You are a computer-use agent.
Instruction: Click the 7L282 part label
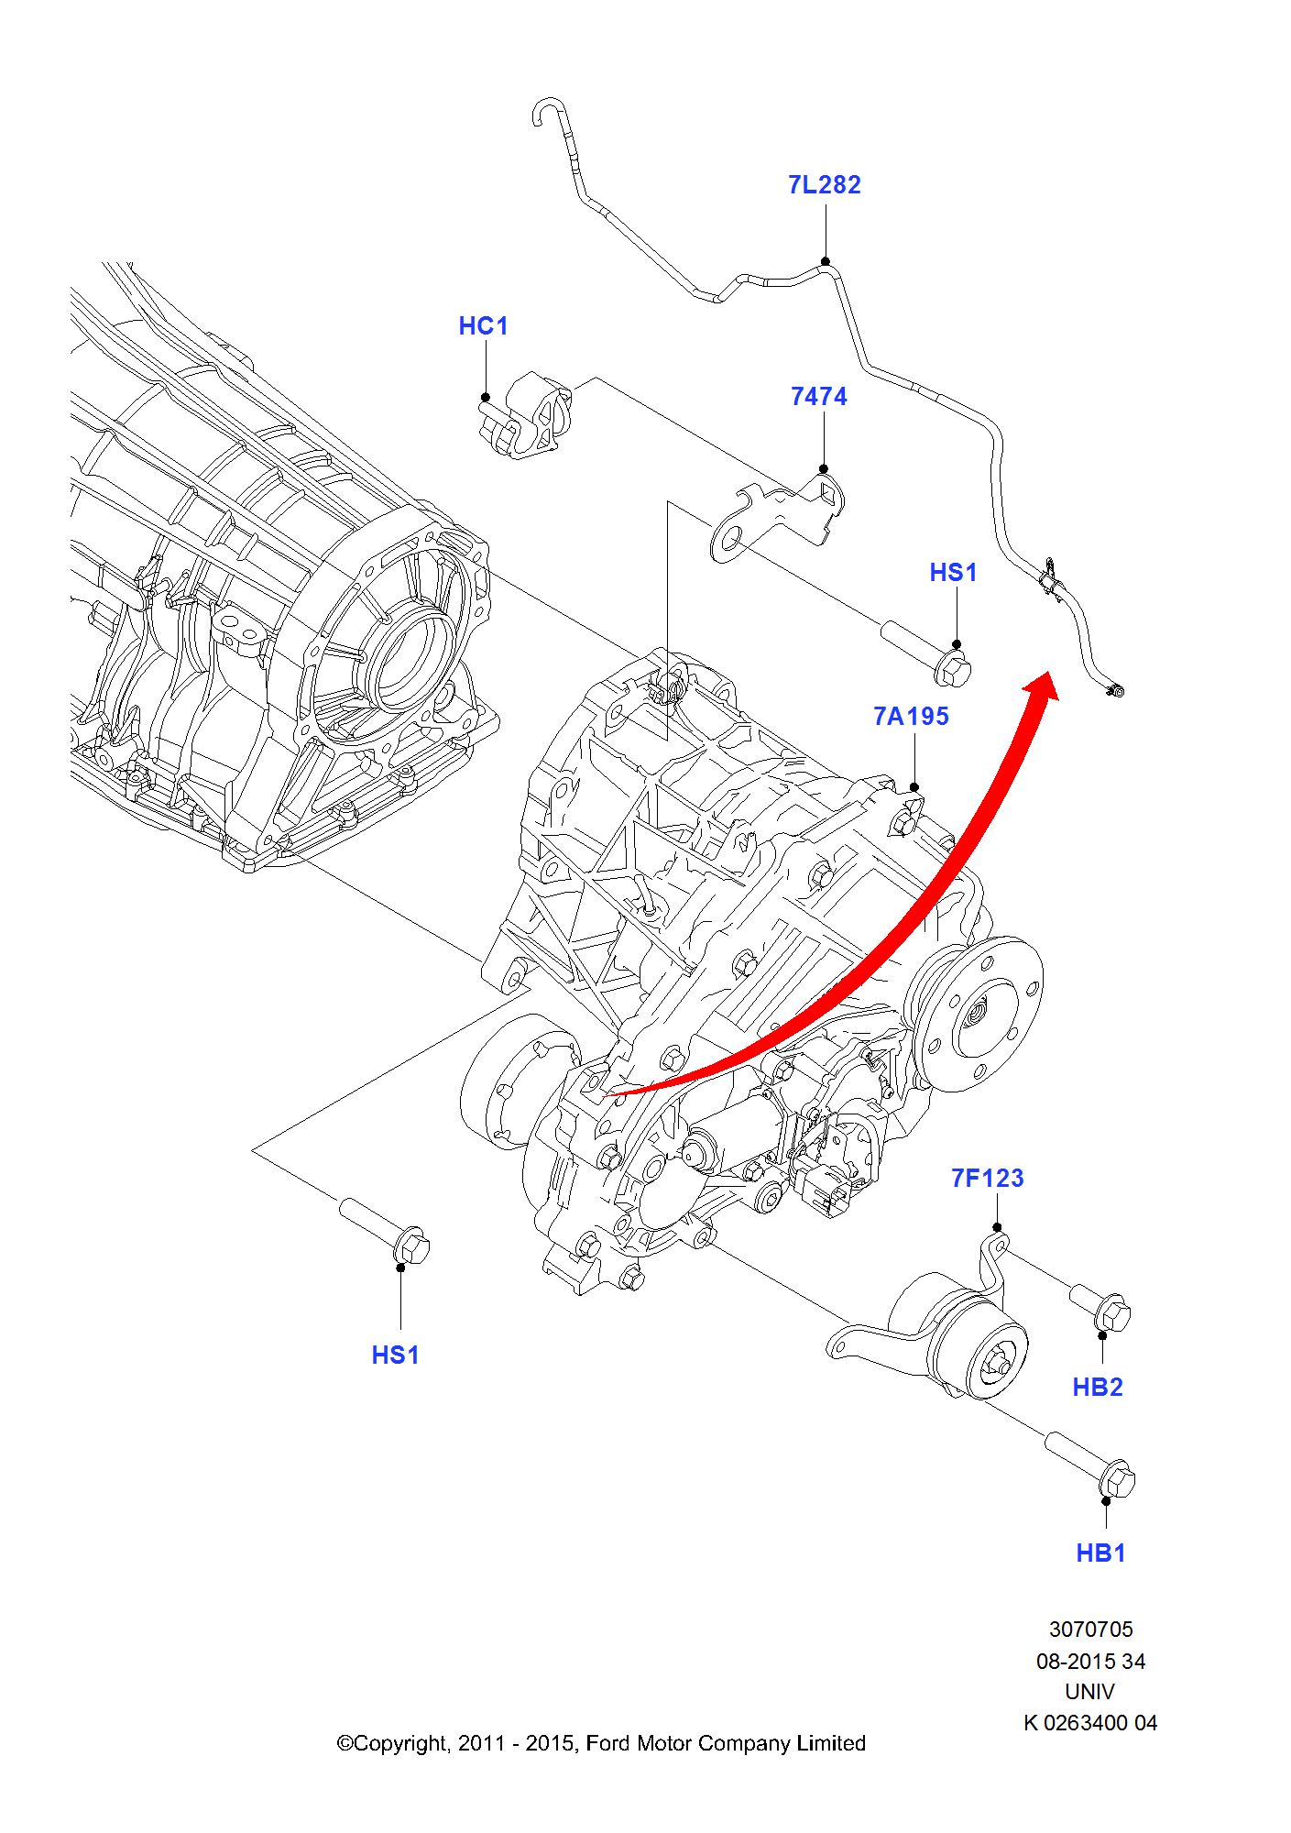pos(824,185)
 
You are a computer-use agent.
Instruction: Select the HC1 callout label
pos(483,326)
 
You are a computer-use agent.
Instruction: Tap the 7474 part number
pos(818,397)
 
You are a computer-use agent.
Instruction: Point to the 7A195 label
pos(911,717)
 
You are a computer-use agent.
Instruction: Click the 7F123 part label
pos(987,1179)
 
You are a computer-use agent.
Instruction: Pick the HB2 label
pos(1097,1388)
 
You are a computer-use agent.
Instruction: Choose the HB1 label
pos(1100,1553)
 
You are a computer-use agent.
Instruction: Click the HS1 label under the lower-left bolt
pos(395,1356)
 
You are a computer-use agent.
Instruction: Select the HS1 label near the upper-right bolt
pos(953,573)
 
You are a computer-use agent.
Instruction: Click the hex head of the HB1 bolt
pos(1118,1480)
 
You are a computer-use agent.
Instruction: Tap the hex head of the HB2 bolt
pos(1114,1315)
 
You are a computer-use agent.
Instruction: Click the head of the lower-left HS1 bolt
pos(412,1247)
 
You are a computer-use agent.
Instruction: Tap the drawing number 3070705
pos(1090,1630)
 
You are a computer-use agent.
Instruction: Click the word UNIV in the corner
pos(1089,1692)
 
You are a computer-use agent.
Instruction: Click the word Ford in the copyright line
pos(608,1743)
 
